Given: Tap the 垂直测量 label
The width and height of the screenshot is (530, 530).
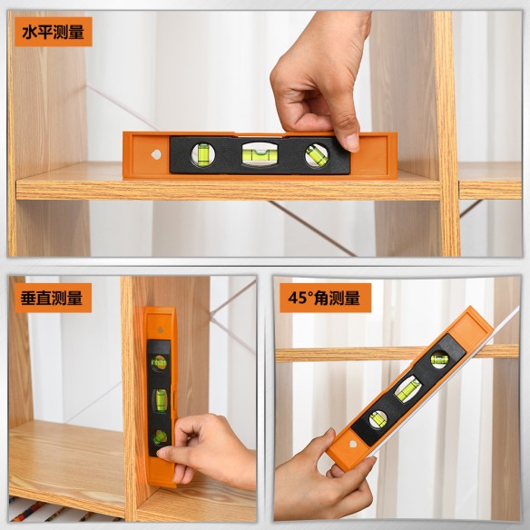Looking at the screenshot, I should pos(52,298).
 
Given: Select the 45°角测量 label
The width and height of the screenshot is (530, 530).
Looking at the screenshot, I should pos(325,298).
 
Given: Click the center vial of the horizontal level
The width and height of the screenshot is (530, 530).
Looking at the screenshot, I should pos(259,154).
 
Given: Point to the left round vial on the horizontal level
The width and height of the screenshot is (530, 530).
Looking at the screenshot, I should pos(203,155).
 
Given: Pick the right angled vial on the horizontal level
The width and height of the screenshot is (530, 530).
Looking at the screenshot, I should pos(315,155).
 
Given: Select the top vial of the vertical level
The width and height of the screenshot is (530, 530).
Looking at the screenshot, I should pos(159,362).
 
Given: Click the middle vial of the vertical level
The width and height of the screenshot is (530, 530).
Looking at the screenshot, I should pos(160,399).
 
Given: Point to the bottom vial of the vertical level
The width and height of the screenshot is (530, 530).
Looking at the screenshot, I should pos(160,437).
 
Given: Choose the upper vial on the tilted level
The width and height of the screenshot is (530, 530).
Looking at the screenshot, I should pos(439,358).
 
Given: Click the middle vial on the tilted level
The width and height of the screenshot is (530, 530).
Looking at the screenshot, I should pos(407,388).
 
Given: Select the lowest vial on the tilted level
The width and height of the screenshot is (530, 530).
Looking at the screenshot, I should pos(375,418).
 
